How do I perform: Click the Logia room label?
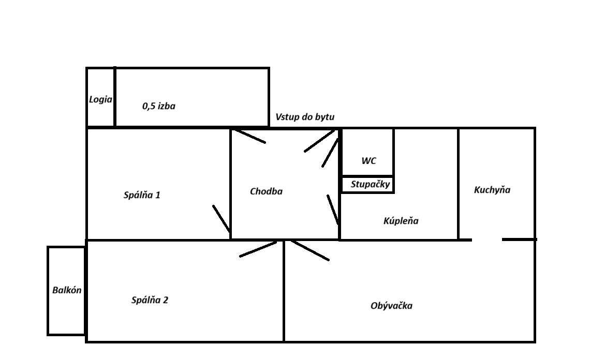pyautogui.click(x=100, y=99)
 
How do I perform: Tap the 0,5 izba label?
pyautogui.click(x=159, y=107)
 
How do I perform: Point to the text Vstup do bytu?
pyautogui.click(x=305, y=117)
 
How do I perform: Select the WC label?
pyautogui.click(x=368, y=161)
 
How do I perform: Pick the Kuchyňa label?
pyautogui.click(x=492, y=190)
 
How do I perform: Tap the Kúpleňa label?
pyautogui.click(x=401, y=221)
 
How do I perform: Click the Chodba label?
pyautogui.click(x=266, y=191)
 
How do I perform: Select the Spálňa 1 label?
pyautogui.click(x=142, y=195)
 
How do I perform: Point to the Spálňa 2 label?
pyautogui.click(x=150, y=300)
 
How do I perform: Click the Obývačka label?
pyautogui.click(x=391, y=306)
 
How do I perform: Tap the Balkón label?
pyautogui.click(x=67, y=290)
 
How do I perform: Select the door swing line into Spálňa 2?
pyautogui.click(x=258, y=249)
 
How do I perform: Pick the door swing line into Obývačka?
pyautogui.click(x=309, y=250)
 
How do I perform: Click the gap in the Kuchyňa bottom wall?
pyautogui.click(x=486, y=239)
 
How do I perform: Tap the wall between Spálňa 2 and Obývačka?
pyautogui.click(x=284, y=300)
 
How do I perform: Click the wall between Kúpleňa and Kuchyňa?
pyautogui.click(x=458, y=184)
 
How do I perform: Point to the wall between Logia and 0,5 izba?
pyautogui.click(x=114, y=97)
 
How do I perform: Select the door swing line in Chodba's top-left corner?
pyautogui.click(x=248, y=136)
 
